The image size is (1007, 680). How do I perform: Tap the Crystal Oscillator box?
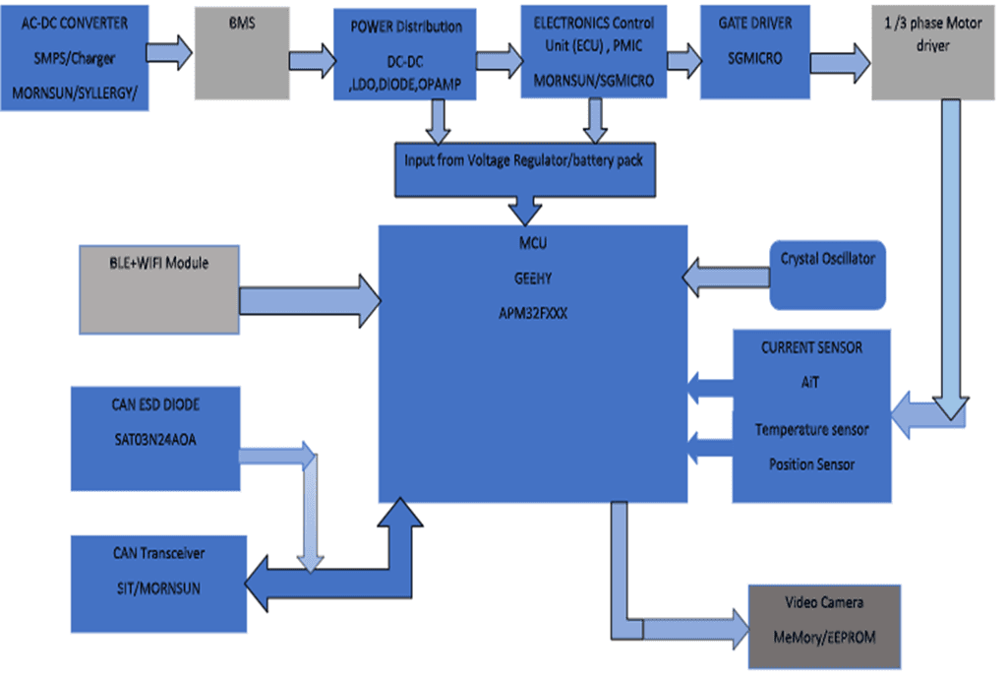coord(828,275)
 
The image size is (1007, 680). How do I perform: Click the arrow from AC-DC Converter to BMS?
coord(170,52)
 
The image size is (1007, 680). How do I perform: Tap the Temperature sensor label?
coord(812,430)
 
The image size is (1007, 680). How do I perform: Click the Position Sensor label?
coord(812,464)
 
